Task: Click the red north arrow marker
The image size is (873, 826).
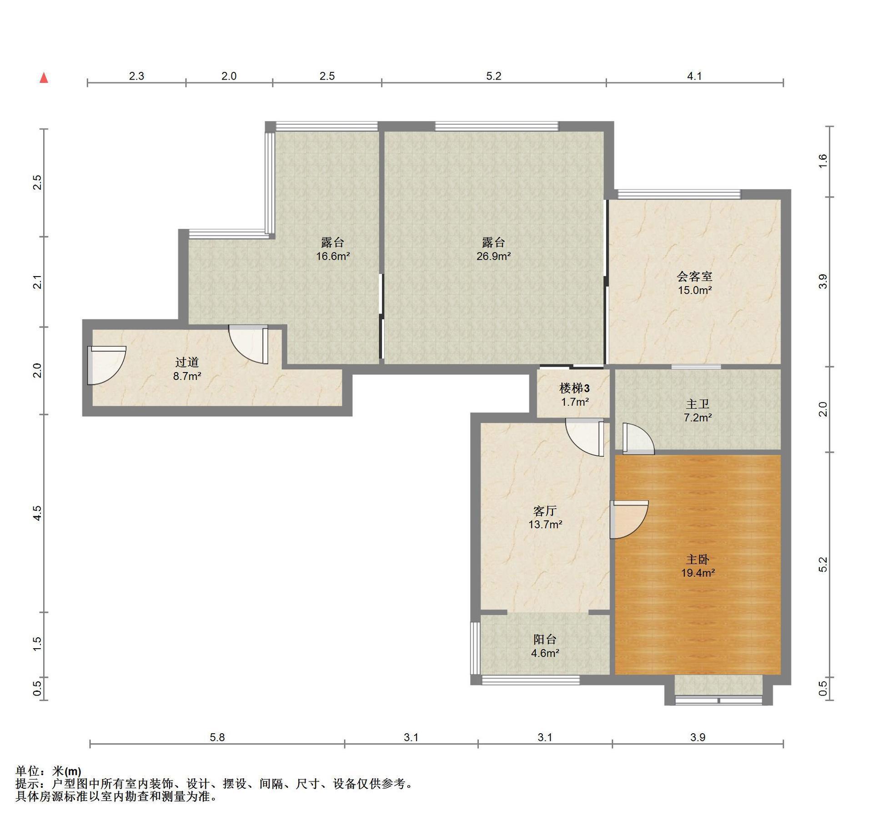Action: [x=44, y=78]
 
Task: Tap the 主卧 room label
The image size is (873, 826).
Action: [x=697, y=559]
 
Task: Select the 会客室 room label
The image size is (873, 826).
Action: [x=694, y=276]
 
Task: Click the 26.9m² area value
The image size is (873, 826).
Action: [x=493, y=256]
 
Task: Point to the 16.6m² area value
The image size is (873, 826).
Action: [x=333, y=256]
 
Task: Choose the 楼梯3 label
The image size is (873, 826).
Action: [x=574, y=388]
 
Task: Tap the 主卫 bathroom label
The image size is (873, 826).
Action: [x=697, y=404]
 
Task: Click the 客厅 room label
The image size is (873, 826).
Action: [x=545, y=511]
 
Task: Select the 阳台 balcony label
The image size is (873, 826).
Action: [x=545, y=640]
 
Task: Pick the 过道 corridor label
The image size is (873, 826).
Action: [x=187, y=362]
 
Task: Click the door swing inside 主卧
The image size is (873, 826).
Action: [x=629, y=519]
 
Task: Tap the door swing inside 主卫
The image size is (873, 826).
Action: [x=638, y=439]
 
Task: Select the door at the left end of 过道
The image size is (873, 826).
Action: [x=106, y=365]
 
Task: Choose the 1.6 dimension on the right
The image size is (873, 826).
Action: [x=823, y=161]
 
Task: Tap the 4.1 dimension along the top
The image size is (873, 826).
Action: [x=694, y=76]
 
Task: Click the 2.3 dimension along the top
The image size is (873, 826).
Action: [x=136, y=76]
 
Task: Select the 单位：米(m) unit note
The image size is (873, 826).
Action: [x=49, y=771]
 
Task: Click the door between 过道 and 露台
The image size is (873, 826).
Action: [x=248, y=344]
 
